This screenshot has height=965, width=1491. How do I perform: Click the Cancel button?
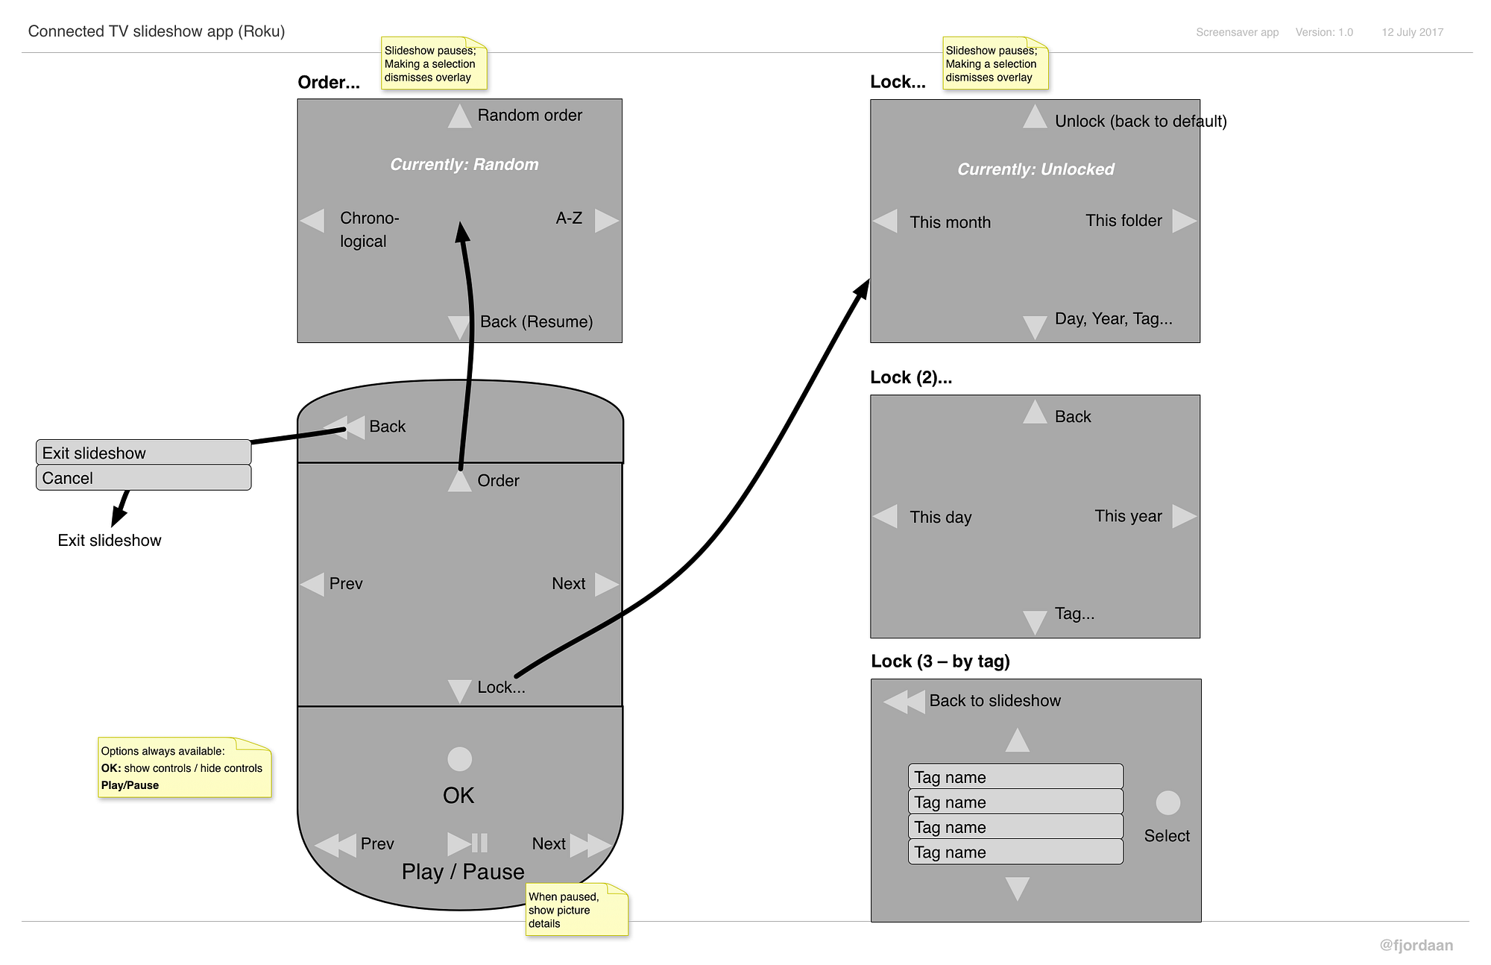143,478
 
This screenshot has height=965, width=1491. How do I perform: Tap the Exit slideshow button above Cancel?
143,453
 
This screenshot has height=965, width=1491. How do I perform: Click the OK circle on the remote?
459,759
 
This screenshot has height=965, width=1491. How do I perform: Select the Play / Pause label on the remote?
463,871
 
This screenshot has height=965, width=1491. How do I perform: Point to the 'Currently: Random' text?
464,164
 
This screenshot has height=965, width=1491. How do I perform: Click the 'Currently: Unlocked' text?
1035,169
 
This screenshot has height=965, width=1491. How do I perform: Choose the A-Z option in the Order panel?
569,219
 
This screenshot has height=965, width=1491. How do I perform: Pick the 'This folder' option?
1123,221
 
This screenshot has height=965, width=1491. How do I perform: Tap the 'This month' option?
950,222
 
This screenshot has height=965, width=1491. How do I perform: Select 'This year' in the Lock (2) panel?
1128,516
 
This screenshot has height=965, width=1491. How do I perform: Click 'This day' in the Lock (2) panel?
940,517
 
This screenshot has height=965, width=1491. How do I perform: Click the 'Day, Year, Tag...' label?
1113,319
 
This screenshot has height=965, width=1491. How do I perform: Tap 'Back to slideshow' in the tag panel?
994,701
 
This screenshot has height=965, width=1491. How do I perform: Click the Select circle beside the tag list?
1167,803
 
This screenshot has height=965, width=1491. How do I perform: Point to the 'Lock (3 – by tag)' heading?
940,661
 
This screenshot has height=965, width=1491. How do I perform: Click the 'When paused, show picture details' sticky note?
576,910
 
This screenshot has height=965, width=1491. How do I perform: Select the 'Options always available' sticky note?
184,768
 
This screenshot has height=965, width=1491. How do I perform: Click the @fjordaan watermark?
1416,946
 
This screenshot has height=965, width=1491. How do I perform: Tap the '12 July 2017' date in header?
1412,32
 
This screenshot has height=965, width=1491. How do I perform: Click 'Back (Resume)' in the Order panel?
536,321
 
